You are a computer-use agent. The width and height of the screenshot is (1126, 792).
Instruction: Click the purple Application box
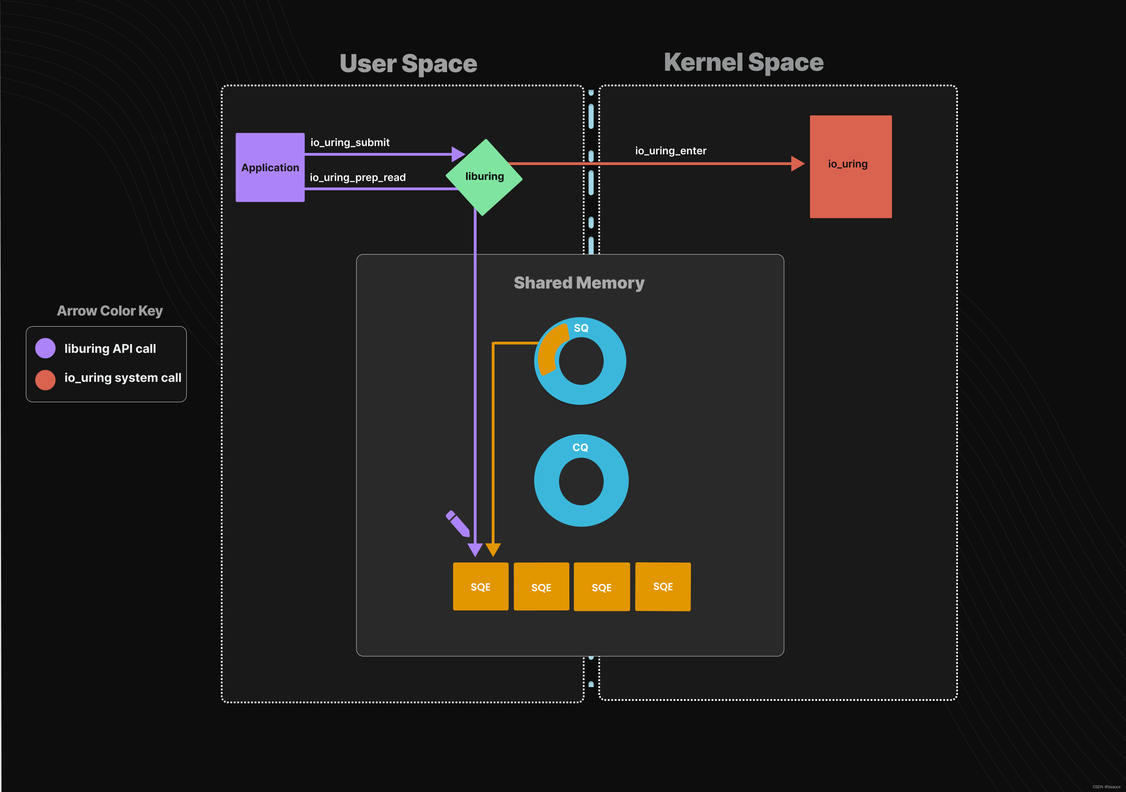pos(270,167)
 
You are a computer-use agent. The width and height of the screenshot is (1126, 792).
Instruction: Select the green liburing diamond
pos(484,177)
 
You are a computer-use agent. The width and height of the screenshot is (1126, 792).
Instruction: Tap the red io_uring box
pos(850,166)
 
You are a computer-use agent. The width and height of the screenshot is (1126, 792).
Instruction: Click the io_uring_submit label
pos(350,142)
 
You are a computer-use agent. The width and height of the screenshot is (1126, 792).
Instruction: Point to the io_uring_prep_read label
pos(358,177)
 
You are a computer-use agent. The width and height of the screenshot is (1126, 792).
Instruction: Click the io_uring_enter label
pos(670,151)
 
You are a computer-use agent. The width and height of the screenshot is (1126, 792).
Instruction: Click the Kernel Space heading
pos(743,62)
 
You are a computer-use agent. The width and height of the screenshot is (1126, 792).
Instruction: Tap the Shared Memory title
pos(579,283)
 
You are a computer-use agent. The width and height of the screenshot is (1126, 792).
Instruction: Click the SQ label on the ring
pos(581,328)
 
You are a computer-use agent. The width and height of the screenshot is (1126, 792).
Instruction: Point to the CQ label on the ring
pos(580,447)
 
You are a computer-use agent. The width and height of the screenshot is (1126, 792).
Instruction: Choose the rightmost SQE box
pos(663,586)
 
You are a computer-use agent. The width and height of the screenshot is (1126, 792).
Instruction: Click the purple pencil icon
pos(458,524)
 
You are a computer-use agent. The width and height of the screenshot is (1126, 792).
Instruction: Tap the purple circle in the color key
pos(46,348)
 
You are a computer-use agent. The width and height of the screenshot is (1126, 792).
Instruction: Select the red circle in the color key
pos(46,380)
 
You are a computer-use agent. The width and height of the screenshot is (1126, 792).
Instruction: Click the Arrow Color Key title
pos(110,311)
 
